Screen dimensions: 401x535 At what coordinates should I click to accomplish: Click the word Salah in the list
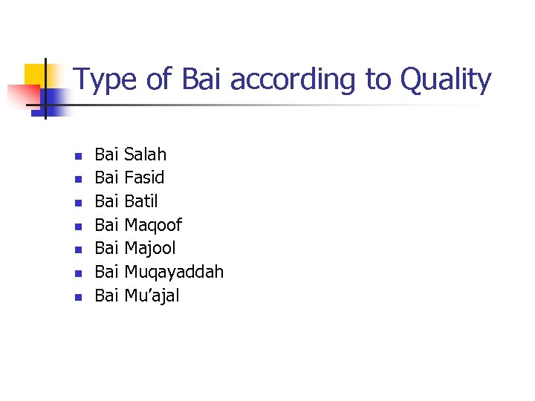(x=146, y=154)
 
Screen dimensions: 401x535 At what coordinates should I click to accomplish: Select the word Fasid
(x=144, y=177)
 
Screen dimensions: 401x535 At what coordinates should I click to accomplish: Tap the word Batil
(x=141, y=201)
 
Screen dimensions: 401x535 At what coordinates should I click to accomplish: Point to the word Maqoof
(x=153, y=225)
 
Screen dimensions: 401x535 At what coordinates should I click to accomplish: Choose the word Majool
(x=150, y=248)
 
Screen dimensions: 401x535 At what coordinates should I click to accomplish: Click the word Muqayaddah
(x=174, y=273)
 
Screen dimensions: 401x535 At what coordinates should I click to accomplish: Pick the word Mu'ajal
(x=152, y=296)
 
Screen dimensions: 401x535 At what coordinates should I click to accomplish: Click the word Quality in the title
(x=446, y=80)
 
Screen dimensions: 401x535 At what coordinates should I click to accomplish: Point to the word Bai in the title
(x=201, y=79)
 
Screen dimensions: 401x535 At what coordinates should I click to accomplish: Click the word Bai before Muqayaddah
(x=107, y=272)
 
